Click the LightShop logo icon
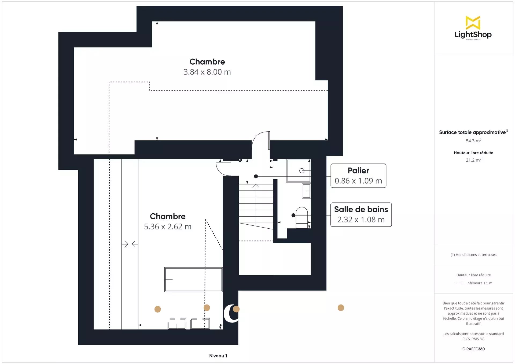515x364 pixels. click(473, 23)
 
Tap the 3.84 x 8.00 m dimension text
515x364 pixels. click(207, 72)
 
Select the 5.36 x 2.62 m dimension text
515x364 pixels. click(168, 227)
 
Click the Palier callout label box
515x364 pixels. click(358, 176)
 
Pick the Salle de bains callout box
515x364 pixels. click(361, 215)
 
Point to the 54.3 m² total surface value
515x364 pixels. click(473, 141)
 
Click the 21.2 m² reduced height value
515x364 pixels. click(473, 160)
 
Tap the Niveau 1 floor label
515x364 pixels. click(218, 356)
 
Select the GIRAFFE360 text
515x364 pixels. click(473, 349)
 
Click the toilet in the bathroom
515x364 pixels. click(302, 218)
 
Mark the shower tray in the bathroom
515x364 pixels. click(298, 171)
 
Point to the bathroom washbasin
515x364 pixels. click(306, 191)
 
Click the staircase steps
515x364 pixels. click(256, 206)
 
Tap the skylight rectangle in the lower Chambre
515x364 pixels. click(193, 279)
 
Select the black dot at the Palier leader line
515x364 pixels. click(256, 176)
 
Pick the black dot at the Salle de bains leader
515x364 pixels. click(293, 215)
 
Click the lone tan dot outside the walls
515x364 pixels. click(341, 308)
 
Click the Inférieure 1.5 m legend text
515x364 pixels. click(479, 283)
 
